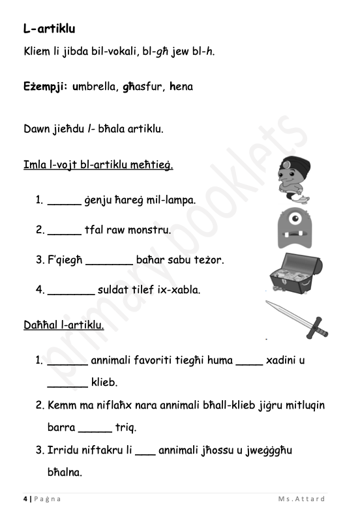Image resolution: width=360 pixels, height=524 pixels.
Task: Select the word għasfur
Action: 142,86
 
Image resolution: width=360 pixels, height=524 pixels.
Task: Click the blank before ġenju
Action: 64,201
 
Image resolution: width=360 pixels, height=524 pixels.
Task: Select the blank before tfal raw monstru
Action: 64,231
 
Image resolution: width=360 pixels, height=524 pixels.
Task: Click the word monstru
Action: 153,230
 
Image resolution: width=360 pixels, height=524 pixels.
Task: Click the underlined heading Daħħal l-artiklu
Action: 63,324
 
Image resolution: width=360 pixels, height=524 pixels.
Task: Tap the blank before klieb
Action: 67,383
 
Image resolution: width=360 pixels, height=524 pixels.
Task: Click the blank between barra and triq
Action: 95,429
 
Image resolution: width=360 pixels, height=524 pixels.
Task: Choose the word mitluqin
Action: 299,405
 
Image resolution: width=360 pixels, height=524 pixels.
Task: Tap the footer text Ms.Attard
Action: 301,499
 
